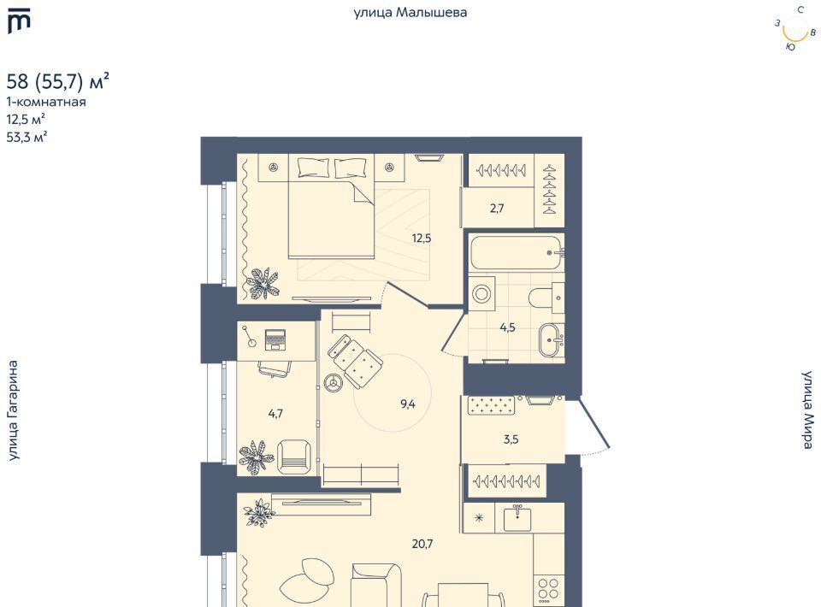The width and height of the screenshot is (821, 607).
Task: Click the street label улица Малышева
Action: pos(410,13)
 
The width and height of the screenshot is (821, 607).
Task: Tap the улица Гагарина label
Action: pos(13,410)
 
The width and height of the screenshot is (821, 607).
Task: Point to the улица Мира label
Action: pos(808,410)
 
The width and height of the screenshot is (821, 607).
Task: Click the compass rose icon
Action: pos(795,29)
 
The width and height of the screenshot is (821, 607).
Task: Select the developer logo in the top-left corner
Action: pos(19,21)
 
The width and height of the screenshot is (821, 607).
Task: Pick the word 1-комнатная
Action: pos(46,102)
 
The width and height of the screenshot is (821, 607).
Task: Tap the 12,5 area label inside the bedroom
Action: pos(422,239)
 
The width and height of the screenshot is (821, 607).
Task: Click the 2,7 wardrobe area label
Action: pos(497,209)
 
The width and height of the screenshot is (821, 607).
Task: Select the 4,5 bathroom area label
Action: pos(507,327)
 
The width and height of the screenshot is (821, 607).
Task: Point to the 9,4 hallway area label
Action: pos(407,404)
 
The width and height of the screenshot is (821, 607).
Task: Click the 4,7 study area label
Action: pos(275,414)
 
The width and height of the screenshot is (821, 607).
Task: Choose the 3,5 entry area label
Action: pos(511,439)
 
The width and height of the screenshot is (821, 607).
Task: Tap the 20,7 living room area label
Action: pos(422,545)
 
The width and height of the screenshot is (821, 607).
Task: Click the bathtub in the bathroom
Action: pos(517,253)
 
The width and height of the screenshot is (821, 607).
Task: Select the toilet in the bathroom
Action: pos(546,298)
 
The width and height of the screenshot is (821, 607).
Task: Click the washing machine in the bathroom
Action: pos(481,293)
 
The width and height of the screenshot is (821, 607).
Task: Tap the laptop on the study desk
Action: pos(275,340)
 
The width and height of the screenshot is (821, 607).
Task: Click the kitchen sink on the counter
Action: pos(517,519)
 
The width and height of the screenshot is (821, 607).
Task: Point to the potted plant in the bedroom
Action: pos(263,283)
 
